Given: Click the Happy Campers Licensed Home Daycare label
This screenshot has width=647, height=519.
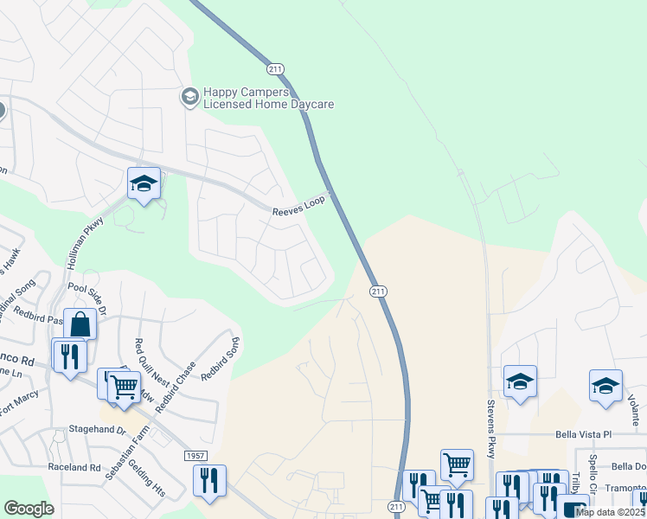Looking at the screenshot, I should (x=267, y=98).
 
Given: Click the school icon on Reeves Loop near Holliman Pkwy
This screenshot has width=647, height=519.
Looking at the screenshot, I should (x=144, y=183).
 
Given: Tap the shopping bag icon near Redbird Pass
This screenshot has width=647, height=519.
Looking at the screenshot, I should (x=80, y=324).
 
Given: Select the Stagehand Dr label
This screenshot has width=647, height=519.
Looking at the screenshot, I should (x=97, y=429).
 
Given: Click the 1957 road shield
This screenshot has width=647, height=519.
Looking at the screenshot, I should (x=196, y=455).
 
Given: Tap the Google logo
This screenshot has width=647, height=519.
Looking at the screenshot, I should (x=29, y=509).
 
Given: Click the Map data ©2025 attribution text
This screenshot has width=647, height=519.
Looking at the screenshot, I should (x=611, y=512).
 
